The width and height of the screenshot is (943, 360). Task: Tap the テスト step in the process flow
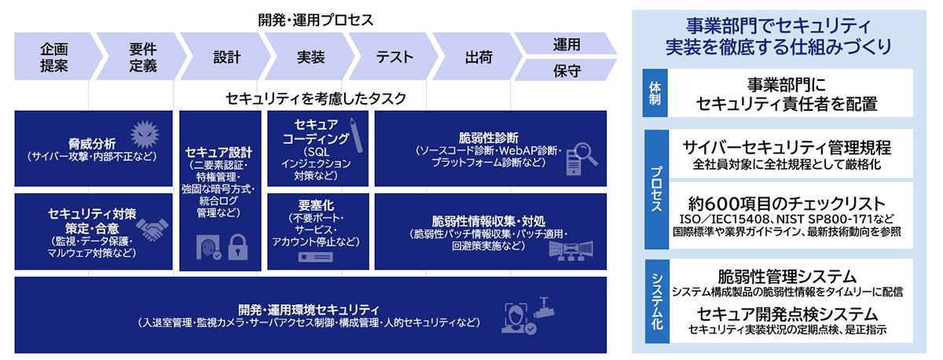tap(394, 57)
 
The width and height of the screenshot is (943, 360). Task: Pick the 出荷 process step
tap(479, 57)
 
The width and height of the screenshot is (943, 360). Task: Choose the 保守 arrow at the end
tap(567, 70)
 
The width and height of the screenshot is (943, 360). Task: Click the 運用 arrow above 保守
tap(567, 44)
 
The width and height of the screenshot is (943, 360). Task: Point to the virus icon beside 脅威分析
tap(145, 134)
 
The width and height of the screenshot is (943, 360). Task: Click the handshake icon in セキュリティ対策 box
tap(152, 230)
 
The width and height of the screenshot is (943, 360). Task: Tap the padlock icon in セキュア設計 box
tap(238, 247)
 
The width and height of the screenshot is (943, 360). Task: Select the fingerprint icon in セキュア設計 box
tap(208, 247)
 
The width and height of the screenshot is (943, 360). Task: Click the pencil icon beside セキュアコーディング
tap(356, 134)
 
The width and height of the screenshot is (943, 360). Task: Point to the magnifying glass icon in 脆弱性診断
tap(586, 155)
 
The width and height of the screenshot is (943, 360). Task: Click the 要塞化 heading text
tap(316, 205)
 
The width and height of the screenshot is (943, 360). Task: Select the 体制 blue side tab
tap(655, 93)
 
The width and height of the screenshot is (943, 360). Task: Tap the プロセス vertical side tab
tap(657, 189)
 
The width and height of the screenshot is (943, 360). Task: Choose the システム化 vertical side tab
tap(657, 300)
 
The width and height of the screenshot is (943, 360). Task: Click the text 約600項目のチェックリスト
tap(787, 204)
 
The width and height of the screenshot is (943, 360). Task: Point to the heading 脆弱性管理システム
tap(787, 277)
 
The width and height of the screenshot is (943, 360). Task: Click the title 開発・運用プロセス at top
tap(315, 20)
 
